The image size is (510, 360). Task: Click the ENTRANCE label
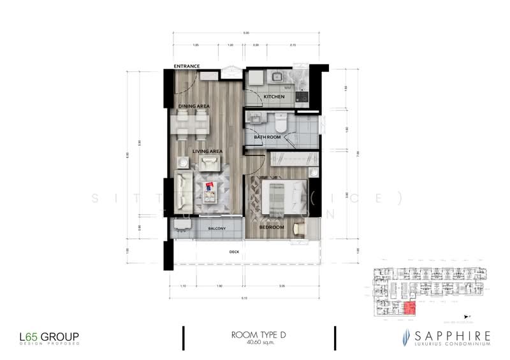pos(187,66)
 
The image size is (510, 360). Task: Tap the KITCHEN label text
pos(274,97)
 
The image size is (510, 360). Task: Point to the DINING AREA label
pos(193,106)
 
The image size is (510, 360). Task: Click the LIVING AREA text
pos(207,151)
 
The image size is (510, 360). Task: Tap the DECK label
pos(234,252)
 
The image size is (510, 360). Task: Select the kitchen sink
pos(278,77)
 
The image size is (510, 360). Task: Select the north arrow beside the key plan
pos(470,315)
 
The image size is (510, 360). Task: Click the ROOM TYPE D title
pos(259,335)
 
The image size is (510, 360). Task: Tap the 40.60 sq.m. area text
pos(258,343)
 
